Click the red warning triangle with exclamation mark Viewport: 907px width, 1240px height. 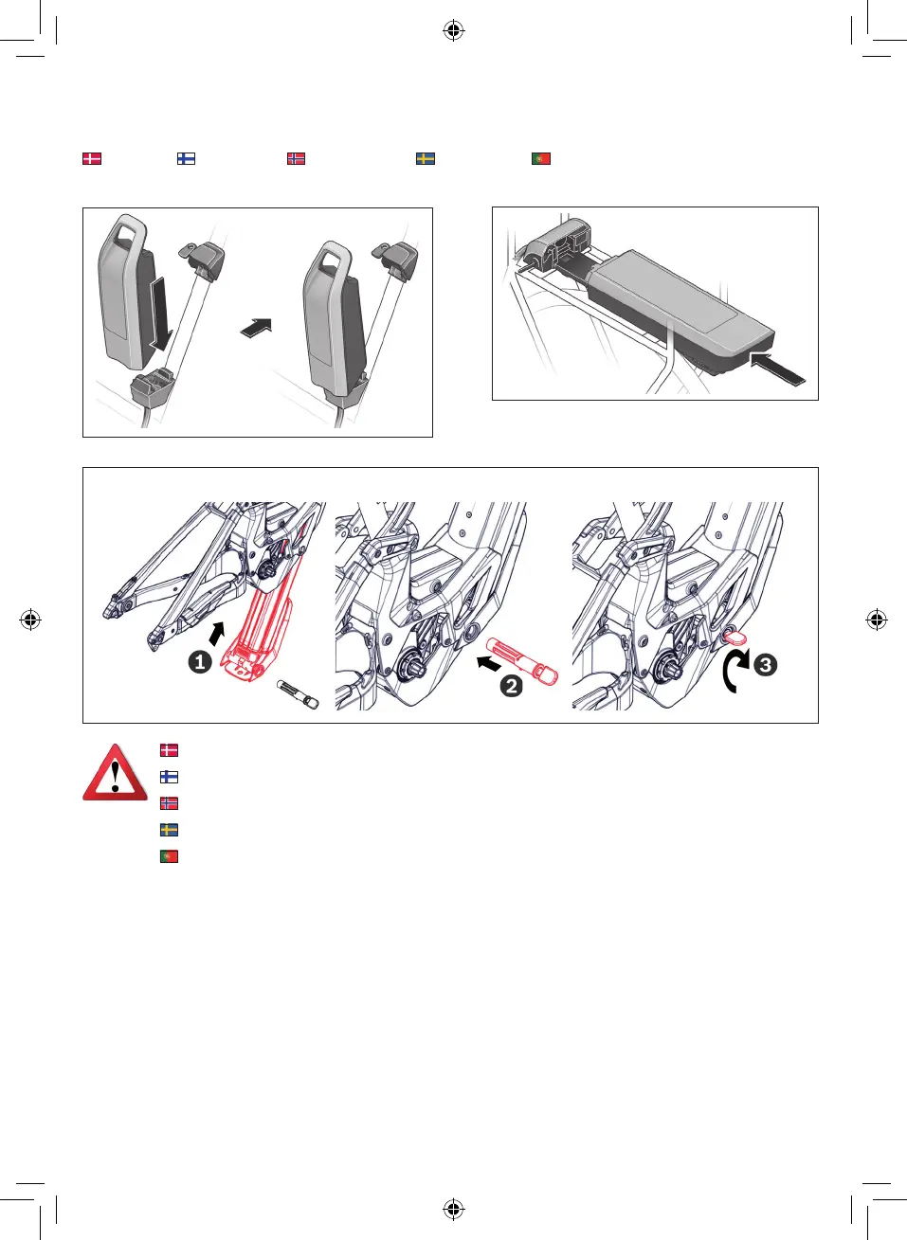tap(116, 773)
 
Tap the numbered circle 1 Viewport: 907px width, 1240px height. tap(200, 662)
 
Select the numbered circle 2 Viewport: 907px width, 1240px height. tap(511, 687)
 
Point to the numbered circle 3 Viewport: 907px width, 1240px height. tap(766, 665)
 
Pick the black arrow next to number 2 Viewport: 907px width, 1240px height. tap(489, 662)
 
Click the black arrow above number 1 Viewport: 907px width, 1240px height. tap(217, 634)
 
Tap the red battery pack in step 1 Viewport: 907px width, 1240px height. tap(259, 631)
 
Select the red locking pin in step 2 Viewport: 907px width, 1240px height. tap(521, 661)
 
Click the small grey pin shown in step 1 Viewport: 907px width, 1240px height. tap(298, 694)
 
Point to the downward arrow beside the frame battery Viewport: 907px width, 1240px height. tap(160, 314)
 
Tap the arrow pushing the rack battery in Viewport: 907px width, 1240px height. tap(776, 368)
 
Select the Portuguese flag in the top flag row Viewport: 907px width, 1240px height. tap(540, 159)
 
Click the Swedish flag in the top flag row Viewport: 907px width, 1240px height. tap(426, 159)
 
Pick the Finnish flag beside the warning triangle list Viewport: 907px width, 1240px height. tap(169, 777)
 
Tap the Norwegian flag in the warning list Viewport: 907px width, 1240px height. tap(169, 803)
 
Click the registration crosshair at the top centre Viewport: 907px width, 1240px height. tap(453, 31)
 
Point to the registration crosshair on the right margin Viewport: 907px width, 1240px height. tap(877, 620)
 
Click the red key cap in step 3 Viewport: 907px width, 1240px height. tap(735, 637)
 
